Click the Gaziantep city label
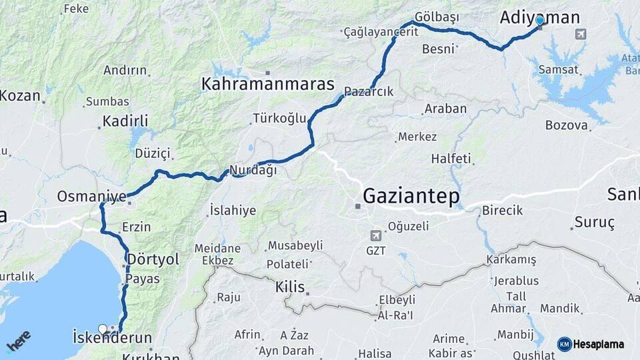(x=411, y=197)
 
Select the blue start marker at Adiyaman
(x=539, y=21)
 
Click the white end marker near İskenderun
(x=103, y=329)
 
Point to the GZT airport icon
(x=375, y=235)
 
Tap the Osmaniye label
(x=91, y=197)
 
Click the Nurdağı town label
(x=253, y=170)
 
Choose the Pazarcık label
(x=369, y=92)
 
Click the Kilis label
(x=290, y=288)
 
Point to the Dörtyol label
(x=153, y=259)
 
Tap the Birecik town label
(x=501, y=210)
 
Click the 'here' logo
(x=18, y=341)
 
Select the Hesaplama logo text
(x=599, y=344)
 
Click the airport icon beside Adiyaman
(x=581, y=34)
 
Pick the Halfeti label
(x=451, y=159)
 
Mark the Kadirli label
(x=125, y=121)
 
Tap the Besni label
(x=438, y=49)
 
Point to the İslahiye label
(x=232, y=211)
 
